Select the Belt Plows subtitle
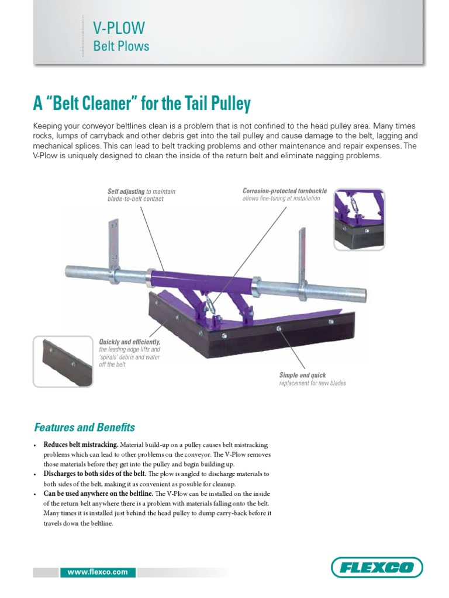point(121,46)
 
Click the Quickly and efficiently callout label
point(130,342)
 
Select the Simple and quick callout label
point(303,375)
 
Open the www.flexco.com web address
point(98,572)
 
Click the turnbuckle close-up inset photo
point(359,220)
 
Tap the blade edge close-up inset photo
point(63,360)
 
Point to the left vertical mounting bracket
point(113,245)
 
